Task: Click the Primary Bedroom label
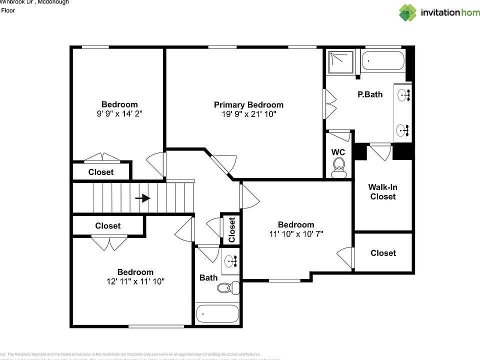click(248, 104)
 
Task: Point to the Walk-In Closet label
click(383, 192)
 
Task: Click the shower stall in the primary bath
click(340, 61)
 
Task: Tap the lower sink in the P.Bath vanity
click(404, 130)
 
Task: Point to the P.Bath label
click(370, 94)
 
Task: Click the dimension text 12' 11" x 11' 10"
click(135, 281)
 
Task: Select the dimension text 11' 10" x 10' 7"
click(296, 234)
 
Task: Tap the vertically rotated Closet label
click(232, 229)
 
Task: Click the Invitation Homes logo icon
click(407, 12)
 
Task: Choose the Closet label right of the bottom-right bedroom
click(383, 253)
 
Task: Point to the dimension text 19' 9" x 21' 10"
click(248, 114)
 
